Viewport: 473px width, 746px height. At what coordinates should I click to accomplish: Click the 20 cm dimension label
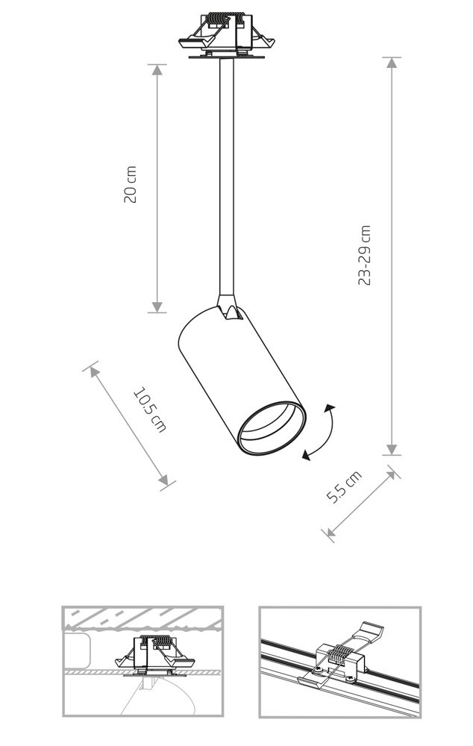coord(130,184)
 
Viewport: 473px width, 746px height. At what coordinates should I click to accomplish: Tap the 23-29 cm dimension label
coord(364,255)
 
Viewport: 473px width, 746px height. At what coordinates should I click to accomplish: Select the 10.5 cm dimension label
coord(150,410)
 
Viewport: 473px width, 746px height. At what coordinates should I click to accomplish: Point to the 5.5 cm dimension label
coord(344,486)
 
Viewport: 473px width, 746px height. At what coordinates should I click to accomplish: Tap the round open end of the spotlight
coord(272,427)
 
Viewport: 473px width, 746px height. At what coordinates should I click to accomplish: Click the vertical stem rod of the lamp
coord(227,177)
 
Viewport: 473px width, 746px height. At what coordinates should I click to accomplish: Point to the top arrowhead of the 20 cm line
coord(157,69)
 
